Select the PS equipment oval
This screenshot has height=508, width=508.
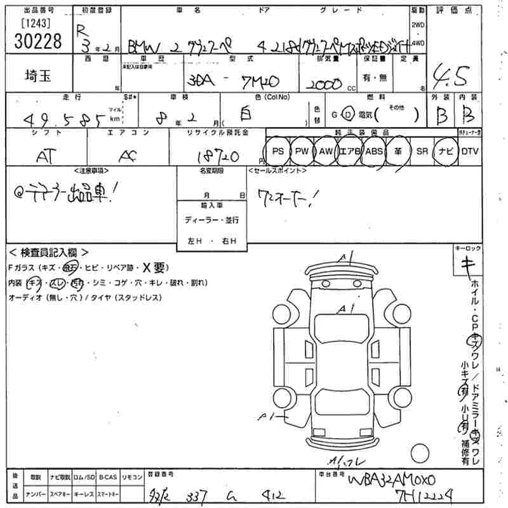tap(277, 151)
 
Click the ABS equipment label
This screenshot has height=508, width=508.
tap(375, 151)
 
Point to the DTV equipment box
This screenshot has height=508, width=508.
tap(469, 151)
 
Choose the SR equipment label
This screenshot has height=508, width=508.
tap(421, 151)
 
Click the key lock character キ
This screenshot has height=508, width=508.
tap(469, 267)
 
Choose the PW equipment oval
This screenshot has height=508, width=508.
tap(302, 151)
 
